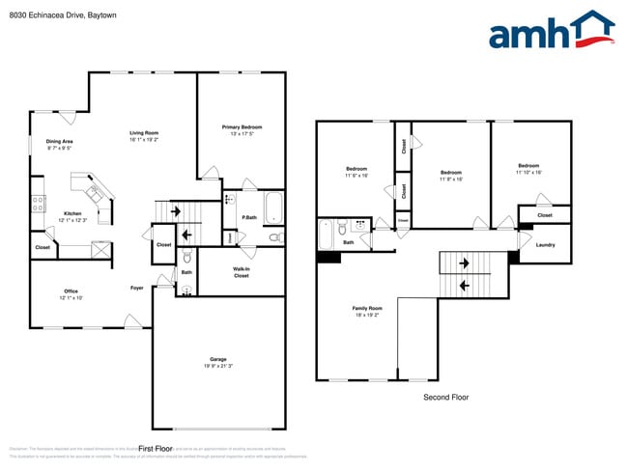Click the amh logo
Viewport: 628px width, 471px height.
click(x=551, y=31)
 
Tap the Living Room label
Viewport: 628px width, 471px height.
click(x=145, y=133)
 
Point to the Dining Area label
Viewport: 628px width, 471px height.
click(x=60, y=142)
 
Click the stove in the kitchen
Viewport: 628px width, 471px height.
click(x=39, y=203)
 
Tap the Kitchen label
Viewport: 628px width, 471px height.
click(x=72, y=214)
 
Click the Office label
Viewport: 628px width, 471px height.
click(x=71, y=291)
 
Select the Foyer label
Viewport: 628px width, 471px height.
click(x=137, y=288)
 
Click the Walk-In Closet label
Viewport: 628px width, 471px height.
click(x=242, y=272)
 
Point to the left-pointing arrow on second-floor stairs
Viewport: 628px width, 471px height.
click(x=463, y=285)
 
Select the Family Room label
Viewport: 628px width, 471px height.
click(x=367, y=309)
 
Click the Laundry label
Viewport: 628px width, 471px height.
click(x=545, y=245)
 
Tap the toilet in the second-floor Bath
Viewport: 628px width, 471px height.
click(x=343, y=230)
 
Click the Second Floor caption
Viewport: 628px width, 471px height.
click(x=446, y=397)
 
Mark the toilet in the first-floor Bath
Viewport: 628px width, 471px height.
click(x=186, y=257)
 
